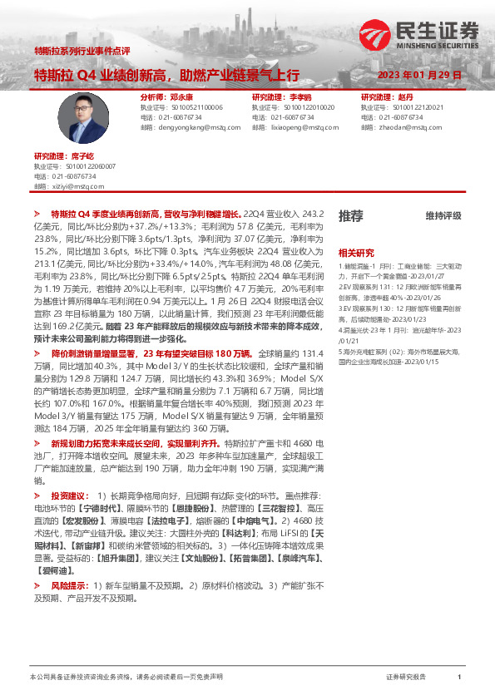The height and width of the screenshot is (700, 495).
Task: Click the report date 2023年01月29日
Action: [419, 75]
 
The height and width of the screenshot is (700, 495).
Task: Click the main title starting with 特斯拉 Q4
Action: [166, 75]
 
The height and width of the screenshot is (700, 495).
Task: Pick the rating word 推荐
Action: [350, 216]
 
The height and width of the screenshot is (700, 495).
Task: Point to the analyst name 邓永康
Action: [181, 97]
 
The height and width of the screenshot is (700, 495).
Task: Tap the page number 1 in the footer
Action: [459, 678]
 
